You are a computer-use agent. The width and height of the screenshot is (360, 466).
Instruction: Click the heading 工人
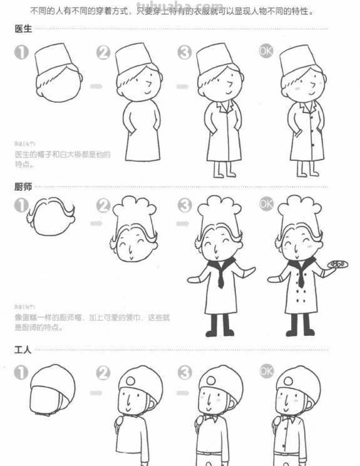[23, 350]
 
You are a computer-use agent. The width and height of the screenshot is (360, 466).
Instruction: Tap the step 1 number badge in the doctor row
[21, 53]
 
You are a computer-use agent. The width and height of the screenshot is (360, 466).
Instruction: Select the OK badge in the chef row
[267, 204]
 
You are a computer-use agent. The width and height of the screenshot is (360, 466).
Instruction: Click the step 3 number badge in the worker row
[184, 373]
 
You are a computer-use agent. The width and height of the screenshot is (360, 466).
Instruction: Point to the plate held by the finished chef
[337, 265]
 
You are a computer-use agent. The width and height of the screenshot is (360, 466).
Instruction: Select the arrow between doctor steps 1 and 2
[96, 86]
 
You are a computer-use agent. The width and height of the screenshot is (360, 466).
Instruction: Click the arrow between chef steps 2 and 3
[182, 223]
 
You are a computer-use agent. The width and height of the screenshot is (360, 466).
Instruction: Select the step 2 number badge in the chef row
[104, 205]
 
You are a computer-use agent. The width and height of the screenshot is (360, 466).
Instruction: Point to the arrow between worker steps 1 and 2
[96, 393]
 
